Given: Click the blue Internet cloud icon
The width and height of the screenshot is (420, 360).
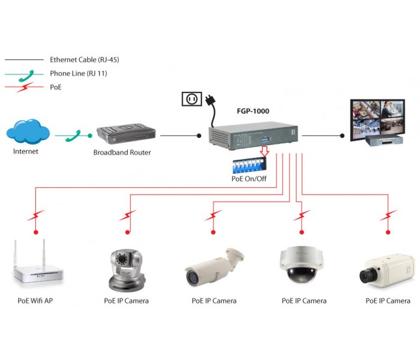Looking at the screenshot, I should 27,131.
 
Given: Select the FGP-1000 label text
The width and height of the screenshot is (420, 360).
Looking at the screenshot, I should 253,111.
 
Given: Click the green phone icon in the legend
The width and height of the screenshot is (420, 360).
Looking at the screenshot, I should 26,74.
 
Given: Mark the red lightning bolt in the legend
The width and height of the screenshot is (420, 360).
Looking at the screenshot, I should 25,88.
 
